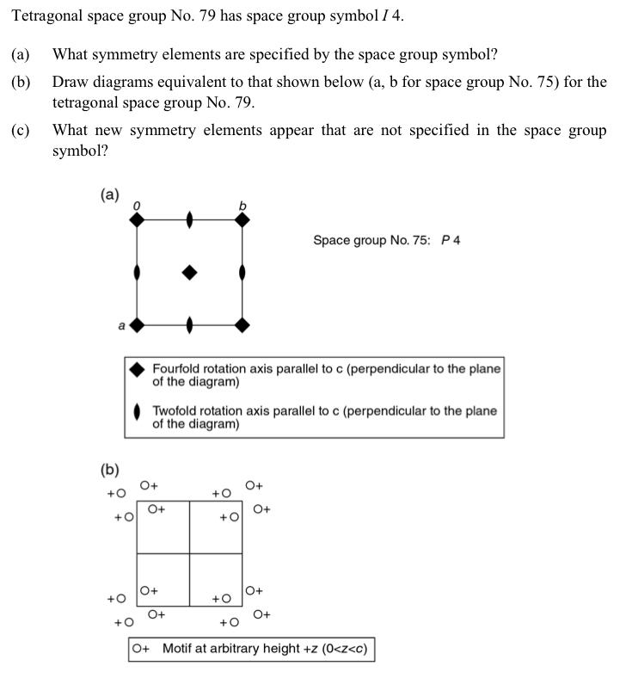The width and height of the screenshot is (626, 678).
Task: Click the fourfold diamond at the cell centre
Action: (x=189, y=273)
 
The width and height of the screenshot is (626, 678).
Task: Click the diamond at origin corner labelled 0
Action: (x=137, y=220)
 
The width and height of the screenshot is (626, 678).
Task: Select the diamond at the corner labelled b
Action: (x=242, y=220)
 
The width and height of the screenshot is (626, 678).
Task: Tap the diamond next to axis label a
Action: (x=137, y=325)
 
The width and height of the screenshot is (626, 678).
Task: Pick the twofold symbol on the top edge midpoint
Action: (x=189, y=220)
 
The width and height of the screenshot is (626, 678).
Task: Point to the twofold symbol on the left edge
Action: (x=137, y=273)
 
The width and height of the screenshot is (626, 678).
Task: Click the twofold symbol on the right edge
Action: (x=242, y=273)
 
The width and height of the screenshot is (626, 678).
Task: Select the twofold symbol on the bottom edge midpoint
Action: (x=189, y=325)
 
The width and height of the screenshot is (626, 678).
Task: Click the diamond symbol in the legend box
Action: (x=137, y=369)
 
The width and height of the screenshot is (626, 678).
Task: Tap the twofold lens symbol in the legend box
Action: (x=137, y=413)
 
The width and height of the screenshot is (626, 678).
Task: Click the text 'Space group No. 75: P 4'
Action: (x=386, y=240)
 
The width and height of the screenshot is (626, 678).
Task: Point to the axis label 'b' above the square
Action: (x=242, y=205)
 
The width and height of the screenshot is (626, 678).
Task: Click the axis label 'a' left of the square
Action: (x=121, y=325)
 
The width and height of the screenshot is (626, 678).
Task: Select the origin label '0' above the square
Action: (x=136, y=205)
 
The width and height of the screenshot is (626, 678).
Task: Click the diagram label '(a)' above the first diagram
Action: (x=109, y=194)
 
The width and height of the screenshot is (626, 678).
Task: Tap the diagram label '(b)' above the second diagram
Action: (x=109, y=470)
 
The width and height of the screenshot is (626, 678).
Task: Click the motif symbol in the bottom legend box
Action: (x=141, y=649)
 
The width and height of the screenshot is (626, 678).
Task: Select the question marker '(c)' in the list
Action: (x=21, y=131)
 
